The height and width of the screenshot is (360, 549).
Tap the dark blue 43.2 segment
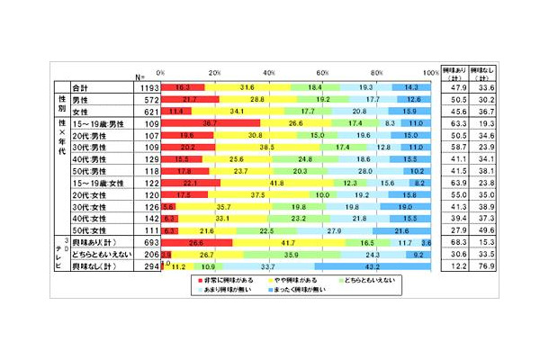click(372, 267)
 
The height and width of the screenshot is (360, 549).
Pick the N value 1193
click(148, 87)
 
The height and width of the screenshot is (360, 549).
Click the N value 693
click(148, 243)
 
